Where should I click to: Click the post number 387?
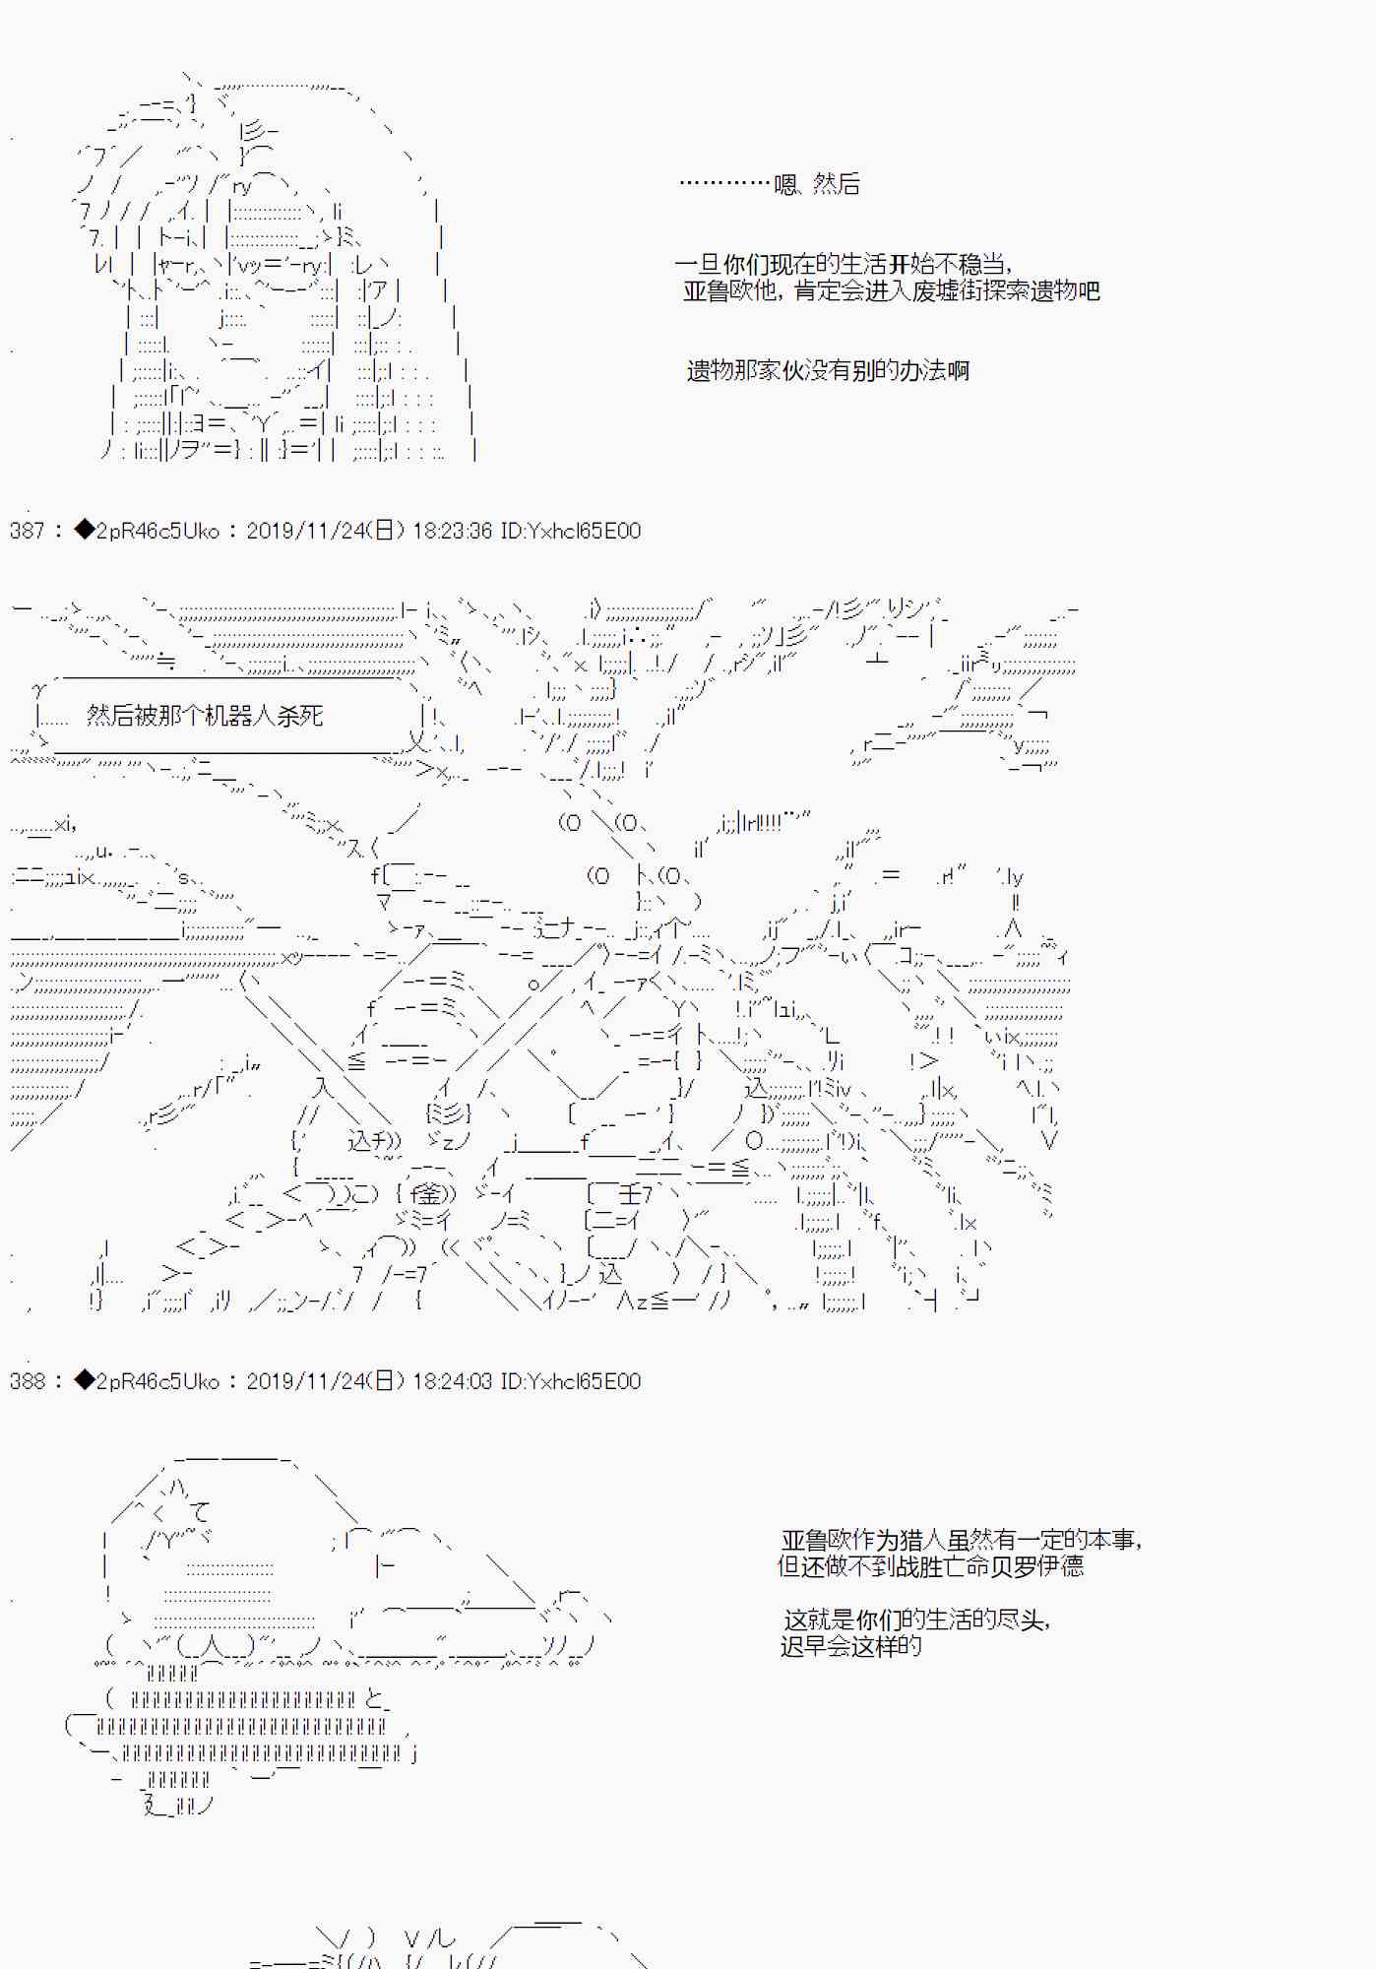[x=28, y=531]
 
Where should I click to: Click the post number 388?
[x=28, y=1381]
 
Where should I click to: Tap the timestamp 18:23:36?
[x=452, y=531]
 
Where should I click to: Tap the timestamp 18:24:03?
[x=452, y=1381]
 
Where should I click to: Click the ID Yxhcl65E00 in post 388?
[x=585, y=1381]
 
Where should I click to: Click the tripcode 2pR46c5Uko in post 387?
[x=157, y=531]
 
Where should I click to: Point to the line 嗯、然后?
[x=817, y=184]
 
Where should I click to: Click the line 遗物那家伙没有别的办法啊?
[x=828, y=370]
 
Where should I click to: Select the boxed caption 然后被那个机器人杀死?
[x=205, y=716]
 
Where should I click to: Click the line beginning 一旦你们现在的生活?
[x=844, y=264]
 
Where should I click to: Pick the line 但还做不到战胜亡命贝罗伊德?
[x=931, y=1566]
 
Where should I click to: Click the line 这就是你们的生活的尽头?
[x=916, y=1620]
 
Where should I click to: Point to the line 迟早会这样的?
[x=851, y=1646]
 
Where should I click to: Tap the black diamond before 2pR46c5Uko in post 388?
[x=85, y=1380]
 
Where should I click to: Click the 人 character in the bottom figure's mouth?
[x=215, y=1645]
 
